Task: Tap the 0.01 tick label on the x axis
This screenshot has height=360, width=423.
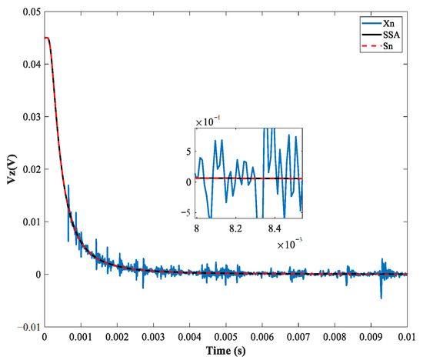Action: point(407,337)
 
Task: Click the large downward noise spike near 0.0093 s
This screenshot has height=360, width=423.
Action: point(380,296)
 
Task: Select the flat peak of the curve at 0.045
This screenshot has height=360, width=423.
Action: point(47,38)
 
